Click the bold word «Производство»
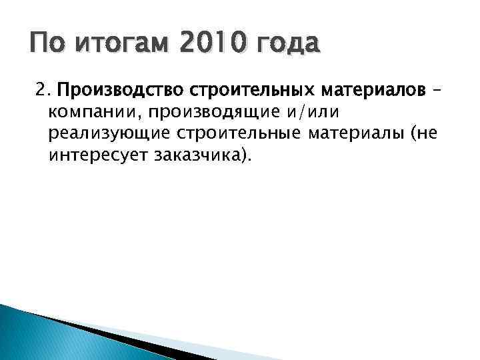coord(113,89)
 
